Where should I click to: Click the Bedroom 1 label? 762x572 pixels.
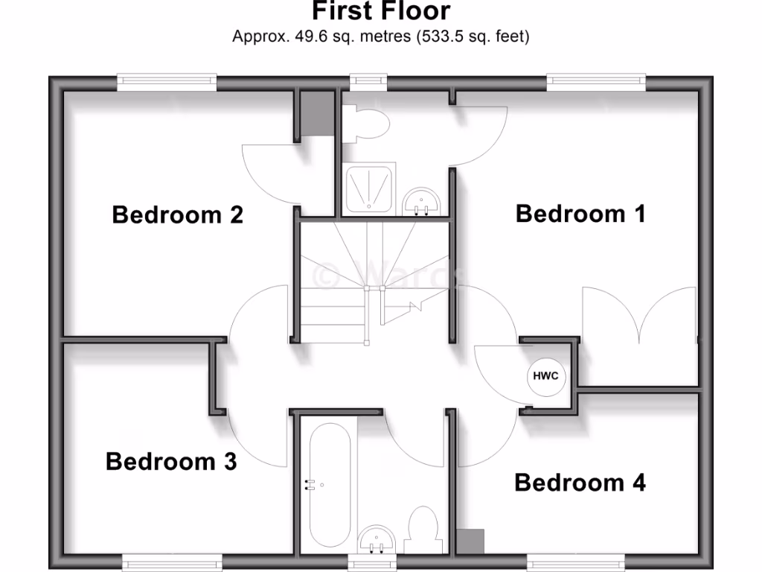[580, 214]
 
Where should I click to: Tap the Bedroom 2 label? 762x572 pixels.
[177, 215]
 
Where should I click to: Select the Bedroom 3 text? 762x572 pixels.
[171, 462]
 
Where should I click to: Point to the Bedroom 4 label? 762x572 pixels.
[580, 483]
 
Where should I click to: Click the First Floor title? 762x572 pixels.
[380, 12]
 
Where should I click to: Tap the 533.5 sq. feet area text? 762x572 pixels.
[472, 36]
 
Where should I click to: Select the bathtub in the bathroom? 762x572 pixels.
[327, 484]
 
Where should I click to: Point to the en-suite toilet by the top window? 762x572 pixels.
[370, 124]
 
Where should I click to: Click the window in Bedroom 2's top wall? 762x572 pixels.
[167, 82]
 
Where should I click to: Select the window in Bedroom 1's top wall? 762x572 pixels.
[595, 82]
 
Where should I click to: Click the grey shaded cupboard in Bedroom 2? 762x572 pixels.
[316, 114]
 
